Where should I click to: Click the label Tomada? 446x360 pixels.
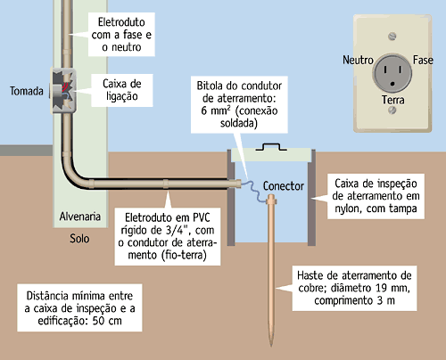[x=27, y=91]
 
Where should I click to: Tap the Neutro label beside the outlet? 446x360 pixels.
[x=358, y=60]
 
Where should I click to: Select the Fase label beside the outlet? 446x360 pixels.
[x=423, y=60]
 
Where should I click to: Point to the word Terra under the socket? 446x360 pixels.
[x=393, y=100]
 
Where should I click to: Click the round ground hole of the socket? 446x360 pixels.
[x=392, y=84]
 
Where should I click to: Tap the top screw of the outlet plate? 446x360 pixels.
[x=392, y=37]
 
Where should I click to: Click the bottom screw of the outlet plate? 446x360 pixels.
[x=392, y=110]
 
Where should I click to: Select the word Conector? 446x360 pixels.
[x=284, y=186]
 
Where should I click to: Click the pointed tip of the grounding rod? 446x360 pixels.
[x=271, y=346]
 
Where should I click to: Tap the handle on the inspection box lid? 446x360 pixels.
[x=271, y=147]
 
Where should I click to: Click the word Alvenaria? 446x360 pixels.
[x=80, y=217]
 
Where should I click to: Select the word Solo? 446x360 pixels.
[x=79, y=239]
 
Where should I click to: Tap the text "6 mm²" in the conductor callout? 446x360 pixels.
[x=216, y=110]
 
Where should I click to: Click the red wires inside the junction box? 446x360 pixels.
[x=66, y=86]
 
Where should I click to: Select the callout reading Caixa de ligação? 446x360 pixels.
[x=122, y=90]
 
